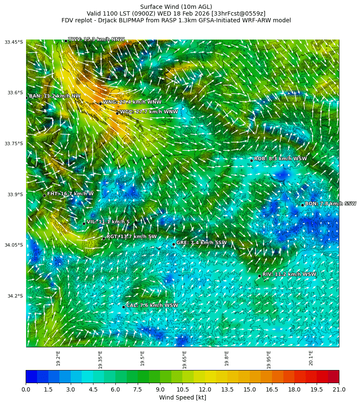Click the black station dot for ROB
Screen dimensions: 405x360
click(x=251, y=160)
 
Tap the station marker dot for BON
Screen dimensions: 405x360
click(x=302, y=205)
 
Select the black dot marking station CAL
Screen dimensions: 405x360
click(x=123, y=307)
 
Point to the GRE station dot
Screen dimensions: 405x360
click(x=173, y=244)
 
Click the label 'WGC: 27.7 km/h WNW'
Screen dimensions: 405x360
click(x=149, y=112)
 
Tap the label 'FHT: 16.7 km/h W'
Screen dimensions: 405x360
click(x=70, y=194)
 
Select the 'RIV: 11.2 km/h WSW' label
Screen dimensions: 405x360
click(x=289, y=274)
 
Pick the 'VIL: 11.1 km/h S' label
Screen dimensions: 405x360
click(x=108, y=222)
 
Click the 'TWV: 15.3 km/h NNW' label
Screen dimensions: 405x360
click(x=96, y=40)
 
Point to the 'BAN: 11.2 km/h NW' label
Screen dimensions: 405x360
click(x=54, y=96)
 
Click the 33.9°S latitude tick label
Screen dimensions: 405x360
click(x=14, y=195)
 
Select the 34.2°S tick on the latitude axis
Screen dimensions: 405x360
click(x=14, y=296)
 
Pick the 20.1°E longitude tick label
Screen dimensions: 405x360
click(x=311, y=358)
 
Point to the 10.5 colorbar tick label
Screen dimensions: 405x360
click(x=182, y=390)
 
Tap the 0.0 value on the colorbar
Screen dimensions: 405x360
click(x=26, y=390)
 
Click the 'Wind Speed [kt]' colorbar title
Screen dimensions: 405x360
click(x=182, y=397)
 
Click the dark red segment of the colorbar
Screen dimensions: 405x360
click(x=333, y=376)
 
